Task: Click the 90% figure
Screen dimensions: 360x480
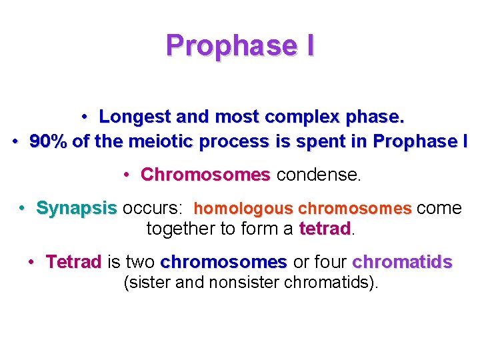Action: coord(47,142)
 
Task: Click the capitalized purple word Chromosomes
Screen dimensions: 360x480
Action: coord(205,175)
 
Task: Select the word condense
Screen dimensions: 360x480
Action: coord(318,175)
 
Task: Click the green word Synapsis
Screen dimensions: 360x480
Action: coord(76,208)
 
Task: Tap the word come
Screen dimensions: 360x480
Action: coord(439,208)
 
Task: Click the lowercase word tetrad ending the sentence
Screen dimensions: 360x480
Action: coord(325,229)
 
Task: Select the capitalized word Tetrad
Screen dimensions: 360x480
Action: coord(73,261)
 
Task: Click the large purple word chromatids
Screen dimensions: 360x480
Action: coord(402,261)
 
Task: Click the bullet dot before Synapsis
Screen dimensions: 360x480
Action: coord(23,208)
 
